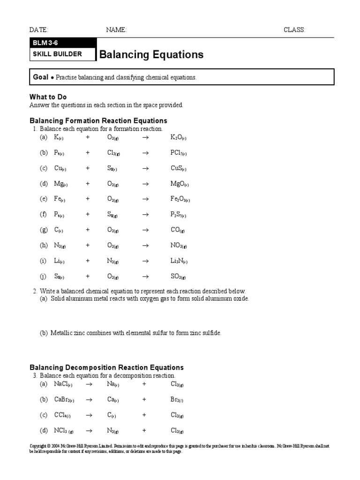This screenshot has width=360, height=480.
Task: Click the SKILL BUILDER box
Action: (x=57, y=54)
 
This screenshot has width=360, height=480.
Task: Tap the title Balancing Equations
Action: (x=151, y=54)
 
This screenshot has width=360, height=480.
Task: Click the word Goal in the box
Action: (x=41, y=77)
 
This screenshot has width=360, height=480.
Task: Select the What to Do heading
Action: (x=48, y=97)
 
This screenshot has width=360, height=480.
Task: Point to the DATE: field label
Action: (x=39, y=30)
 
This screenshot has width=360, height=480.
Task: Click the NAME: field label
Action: (x=116, y=30)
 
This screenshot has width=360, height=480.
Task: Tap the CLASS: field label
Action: (x=294, y=30)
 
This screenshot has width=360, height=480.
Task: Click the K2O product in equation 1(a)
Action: (x=179, y=137)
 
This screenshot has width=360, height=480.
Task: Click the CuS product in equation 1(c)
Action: (x=178, y=168)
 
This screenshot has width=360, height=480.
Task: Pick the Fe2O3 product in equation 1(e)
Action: (x=180, y=199)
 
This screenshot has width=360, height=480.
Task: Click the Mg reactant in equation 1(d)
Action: (x=60, y=184)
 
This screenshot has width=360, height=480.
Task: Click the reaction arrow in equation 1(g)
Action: (x=145, y=230)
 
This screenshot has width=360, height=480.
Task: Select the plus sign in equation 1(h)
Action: (x=88, y=245)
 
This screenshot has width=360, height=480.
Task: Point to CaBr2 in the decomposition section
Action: (x=64, y=399)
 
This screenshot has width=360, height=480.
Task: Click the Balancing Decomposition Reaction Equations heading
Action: (x=107, y=367)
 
